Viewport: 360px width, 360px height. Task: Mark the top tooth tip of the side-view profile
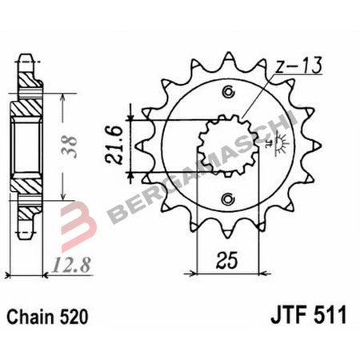pyautogui.click(x=27, y=58)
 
